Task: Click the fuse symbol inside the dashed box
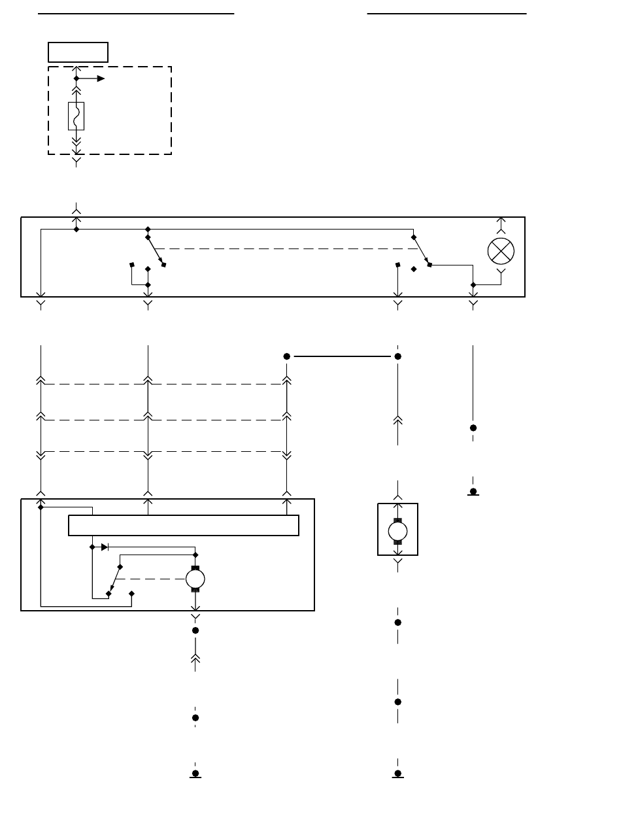(76, 116)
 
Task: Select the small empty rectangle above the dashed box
(78, 52)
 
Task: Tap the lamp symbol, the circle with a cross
(501, 252)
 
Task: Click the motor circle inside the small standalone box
(397, 530)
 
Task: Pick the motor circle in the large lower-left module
(195, 578)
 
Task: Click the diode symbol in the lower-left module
(105, 547)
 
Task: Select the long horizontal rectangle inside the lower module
(184, 525)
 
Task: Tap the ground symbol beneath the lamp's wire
(473, 492)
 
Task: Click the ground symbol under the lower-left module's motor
(195, 774)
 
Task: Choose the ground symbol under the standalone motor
(397, 774)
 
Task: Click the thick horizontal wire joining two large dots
(342, 356)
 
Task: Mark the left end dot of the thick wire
(286, 356)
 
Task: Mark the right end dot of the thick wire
(397, 356)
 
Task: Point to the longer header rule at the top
(136, 13)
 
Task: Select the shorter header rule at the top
(447, 13)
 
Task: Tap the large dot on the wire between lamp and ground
(473, 428)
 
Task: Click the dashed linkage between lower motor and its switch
(150, 578)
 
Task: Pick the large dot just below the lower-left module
(195, 630)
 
